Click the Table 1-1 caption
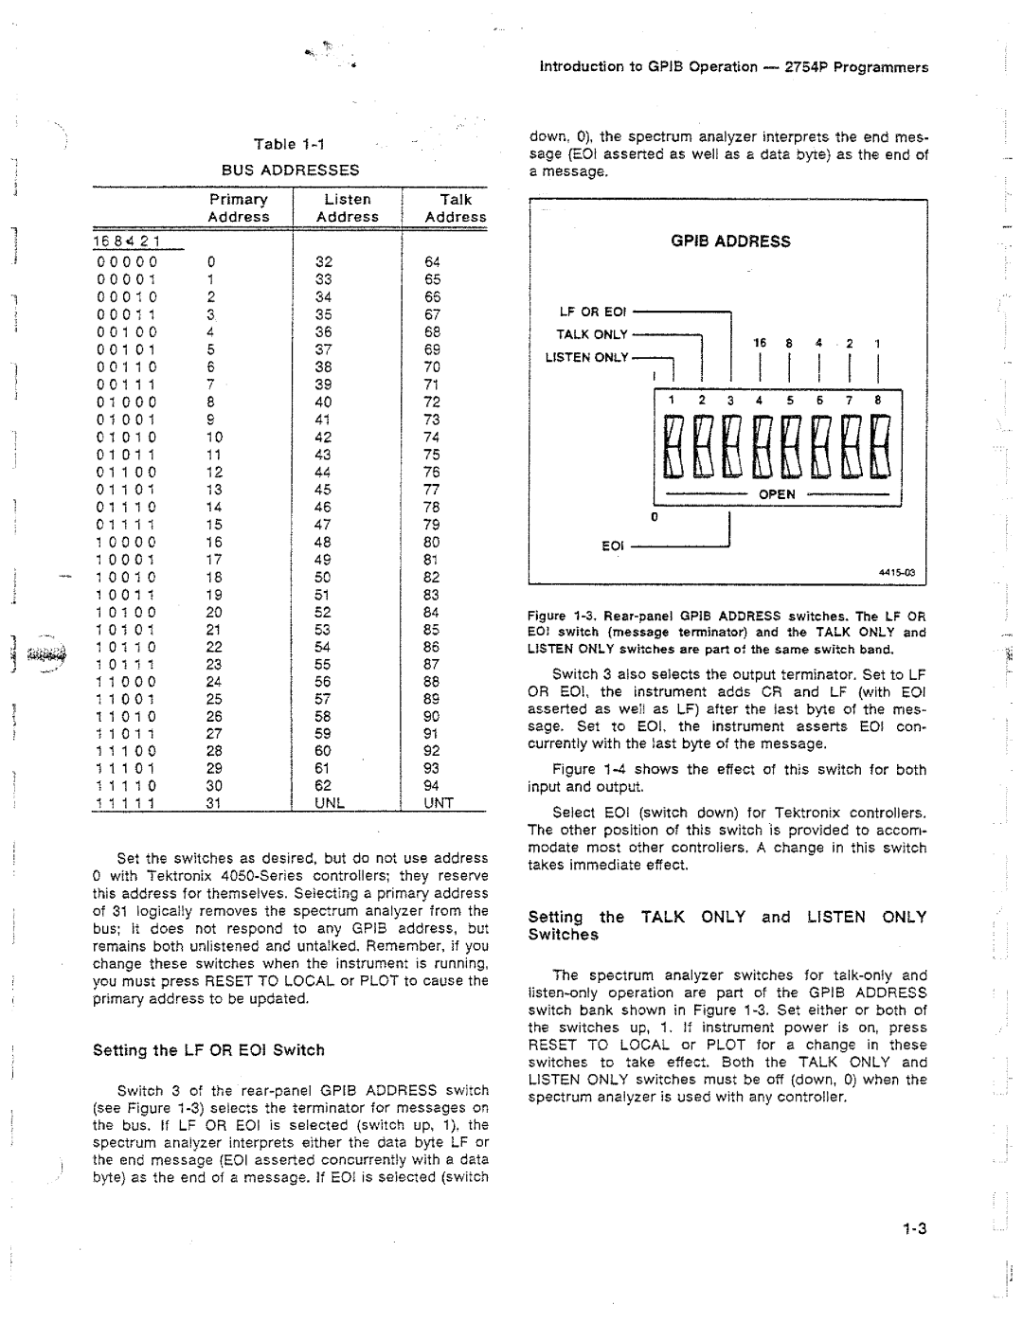click(289, 144)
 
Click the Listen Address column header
click(348, 208)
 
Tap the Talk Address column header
click(456, 208)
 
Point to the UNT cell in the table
click(439, 803)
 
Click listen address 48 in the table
click(324, 543)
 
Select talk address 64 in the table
click(433, 262)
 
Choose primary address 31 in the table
click(214, 803)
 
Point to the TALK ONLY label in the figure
click(592, 334)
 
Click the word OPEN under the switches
click(776, 494)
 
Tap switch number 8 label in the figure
click(878, 401)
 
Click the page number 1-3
click(913, 1230)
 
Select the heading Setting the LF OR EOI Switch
click(208, 1050)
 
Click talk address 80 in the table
click(433, 543)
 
